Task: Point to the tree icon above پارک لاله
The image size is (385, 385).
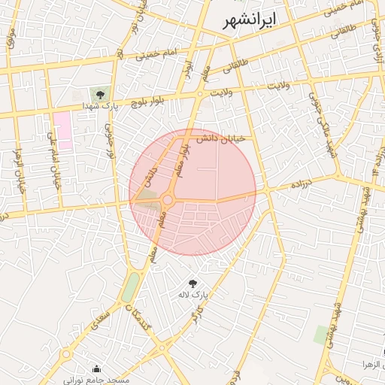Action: (x=192, y=283)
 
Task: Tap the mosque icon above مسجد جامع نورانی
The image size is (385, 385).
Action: (x=96, y=368)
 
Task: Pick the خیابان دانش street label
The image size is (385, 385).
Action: (x=222, y=140)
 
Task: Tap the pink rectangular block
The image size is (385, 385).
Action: (x=62, y=129)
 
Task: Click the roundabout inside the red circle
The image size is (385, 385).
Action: (x=166, y=200)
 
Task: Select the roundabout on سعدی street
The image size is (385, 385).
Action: (x=66, y=353)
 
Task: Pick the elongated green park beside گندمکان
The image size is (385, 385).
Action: (x=132, y=286)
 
